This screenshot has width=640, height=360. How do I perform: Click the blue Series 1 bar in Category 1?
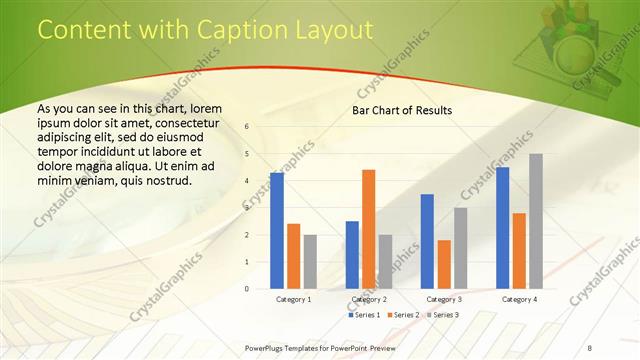click(x=277, y=230)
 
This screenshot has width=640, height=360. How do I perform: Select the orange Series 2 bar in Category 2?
click(x=368, y=229)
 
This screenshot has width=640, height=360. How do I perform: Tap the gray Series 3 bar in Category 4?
click(x=536, y=221)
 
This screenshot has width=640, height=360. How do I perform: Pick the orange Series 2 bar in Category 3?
click(x=444, y=264)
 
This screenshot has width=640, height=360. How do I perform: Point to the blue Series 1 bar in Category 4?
click(x=502, y=227)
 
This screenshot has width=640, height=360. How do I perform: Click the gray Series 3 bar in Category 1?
click(x=310, y=261)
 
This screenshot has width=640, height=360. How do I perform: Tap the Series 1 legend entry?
click(x=364, y=315)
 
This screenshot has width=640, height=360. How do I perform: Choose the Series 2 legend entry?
click(x=403, y=315)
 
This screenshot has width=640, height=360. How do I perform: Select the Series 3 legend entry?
click(x=443, y=315)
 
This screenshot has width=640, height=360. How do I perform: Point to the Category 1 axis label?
click(x=293, y=299)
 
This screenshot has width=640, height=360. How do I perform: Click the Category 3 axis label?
click(x=444, y=299)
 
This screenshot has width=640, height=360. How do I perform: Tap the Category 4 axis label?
click(x=519, y=299)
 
